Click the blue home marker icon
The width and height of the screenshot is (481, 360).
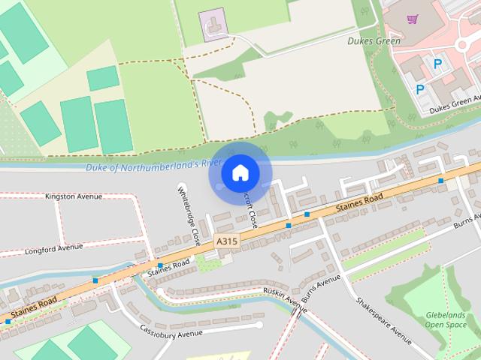[x=240, y=173]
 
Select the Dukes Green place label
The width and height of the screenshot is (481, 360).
[x=374, y=41]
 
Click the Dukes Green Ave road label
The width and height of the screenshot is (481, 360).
[x=455, y=105]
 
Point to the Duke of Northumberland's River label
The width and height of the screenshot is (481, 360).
[x=152, y=165]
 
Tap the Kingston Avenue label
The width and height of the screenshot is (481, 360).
[x=74, y=196]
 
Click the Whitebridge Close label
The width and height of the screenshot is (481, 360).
[x=188, y=217]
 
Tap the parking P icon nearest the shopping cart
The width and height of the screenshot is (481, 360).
[x=437, y=64]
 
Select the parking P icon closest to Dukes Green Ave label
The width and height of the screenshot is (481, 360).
[x=420, y=89]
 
